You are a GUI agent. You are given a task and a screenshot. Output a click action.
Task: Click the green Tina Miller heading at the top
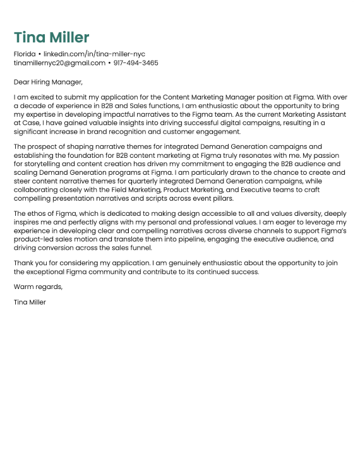(x=52, y=37)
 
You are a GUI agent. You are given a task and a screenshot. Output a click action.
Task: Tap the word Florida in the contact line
(x=25, y=54)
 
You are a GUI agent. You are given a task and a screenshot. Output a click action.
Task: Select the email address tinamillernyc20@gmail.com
(x=59, y=63)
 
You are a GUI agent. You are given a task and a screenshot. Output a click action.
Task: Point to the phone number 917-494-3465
(x=136, y=63)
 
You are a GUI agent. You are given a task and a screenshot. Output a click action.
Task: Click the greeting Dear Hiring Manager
(x=48, y=81)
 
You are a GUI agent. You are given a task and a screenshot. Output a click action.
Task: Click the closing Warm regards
(x=38, y=287)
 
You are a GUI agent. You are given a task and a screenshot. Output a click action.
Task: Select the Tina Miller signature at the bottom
(x=30, y=302)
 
